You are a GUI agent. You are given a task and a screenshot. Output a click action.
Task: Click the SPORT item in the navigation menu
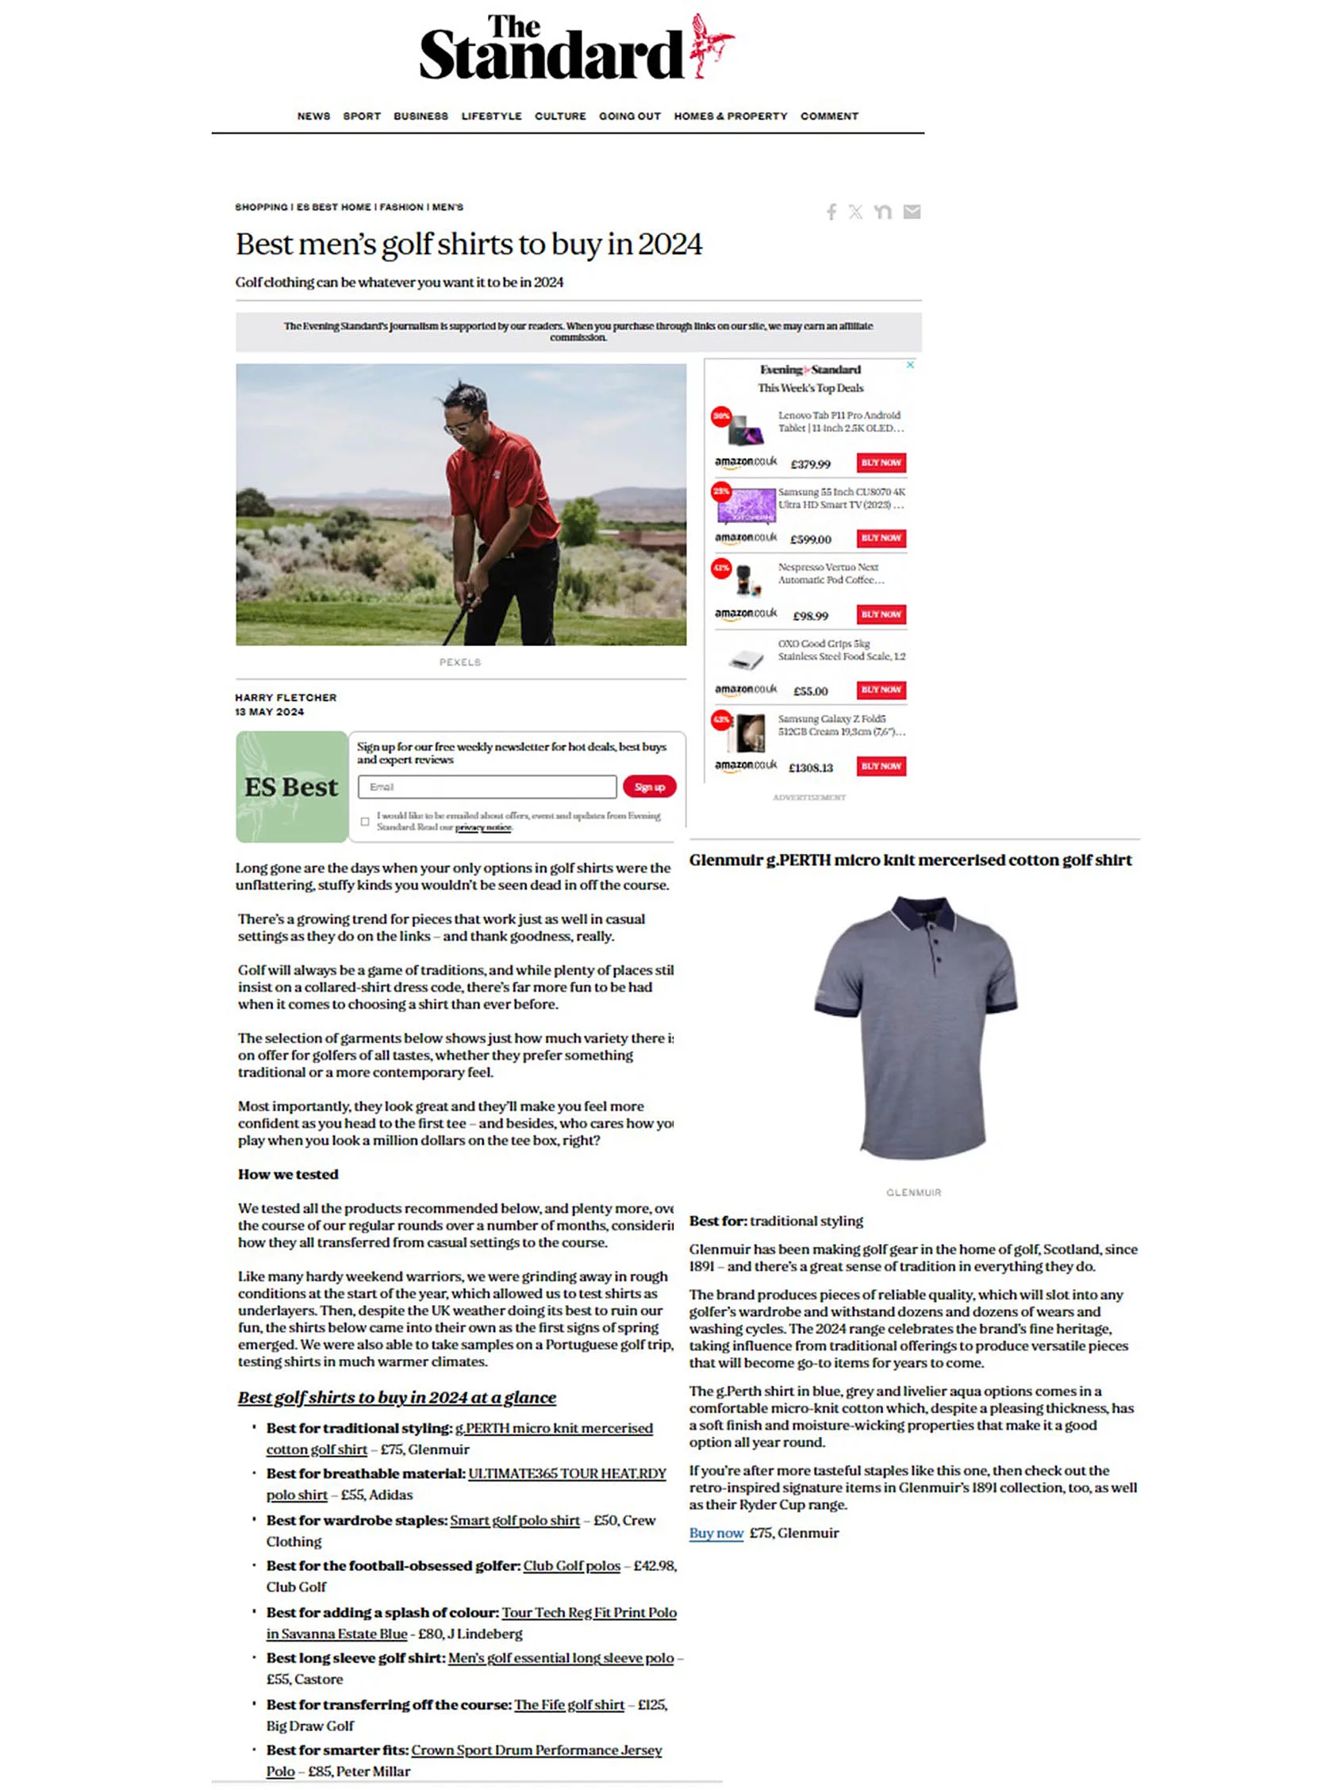click(x=362, y=117)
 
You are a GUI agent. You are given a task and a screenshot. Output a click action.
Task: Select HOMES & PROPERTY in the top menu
click(x=730, y=117)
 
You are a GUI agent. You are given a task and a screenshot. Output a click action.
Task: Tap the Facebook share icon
click(x=831, y=212)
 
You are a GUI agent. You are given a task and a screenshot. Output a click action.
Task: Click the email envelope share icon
click(x=911, y=212)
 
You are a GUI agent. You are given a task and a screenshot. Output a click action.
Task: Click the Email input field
click(x=487, y=787)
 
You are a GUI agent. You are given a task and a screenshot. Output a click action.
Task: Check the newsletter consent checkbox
click(x=366, y=821)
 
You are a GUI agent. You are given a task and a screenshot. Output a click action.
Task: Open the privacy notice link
click(x=483, y=827)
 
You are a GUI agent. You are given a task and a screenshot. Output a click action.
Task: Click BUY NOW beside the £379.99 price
click(x=881, y=463)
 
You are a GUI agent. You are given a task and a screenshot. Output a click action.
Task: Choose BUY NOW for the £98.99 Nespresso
click(x=881, y=614)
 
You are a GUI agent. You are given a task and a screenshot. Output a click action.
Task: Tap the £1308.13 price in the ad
click(x=810, y=768)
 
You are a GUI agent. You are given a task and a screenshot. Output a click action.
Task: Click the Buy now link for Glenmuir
click(x=716, y=1533)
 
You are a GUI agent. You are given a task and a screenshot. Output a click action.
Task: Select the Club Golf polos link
click(x=571, y=1565)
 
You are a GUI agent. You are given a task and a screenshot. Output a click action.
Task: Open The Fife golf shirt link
click(x=569, y=1704)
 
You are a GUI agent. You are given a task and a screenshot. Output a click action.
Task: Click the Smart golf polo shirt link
click(x=515, y=1520)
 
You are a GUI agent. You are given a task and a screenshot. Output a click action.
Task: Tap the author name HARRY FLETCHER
click(x=286, y=697)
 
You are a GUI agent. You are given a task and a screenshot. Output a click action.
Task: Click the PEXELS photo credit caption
click(x=459, y=662)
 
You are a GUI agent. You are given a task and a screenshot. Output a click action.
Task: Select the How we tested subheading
click(x=288, y=1174)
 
